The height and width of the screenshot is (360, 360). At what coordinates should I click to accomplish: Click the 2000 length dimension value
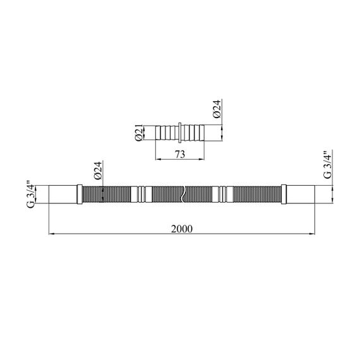[182, 229]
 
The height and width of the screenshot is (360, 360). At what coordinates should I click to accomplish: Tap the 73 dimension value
[180, 154]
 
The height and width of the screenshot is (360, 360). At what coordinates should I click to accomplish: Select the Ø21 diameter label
[139, 133]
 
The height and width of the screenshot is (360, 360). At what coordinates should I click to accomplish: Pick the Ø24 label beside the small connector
[217, 109]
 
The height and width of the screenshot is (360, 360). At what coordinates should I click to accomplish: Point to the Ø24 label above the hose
[98, 171]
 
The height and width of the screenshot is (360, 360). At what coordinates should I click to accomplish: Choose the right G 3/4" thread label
[328, 165]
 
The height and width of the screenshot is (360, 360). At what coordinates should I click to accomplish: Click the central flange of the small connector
[180, 133]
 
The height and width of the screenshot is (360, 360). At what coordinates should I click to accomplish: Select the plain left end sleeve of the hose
[63, 195]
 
